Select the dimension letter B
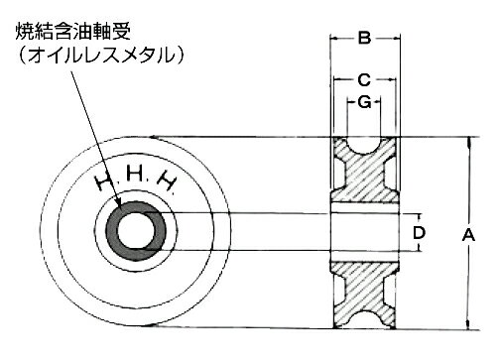click(x=365, y=39)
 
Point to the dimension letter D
click(x=420, y=235)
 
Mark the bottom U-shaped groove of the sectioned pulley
click(x=365, y=319)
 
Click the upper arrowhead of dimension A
click(x=467, y=141)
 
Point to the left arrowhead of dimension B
click(x=334, y=40)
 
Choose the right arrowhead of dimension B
click(x=395, y=40)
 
